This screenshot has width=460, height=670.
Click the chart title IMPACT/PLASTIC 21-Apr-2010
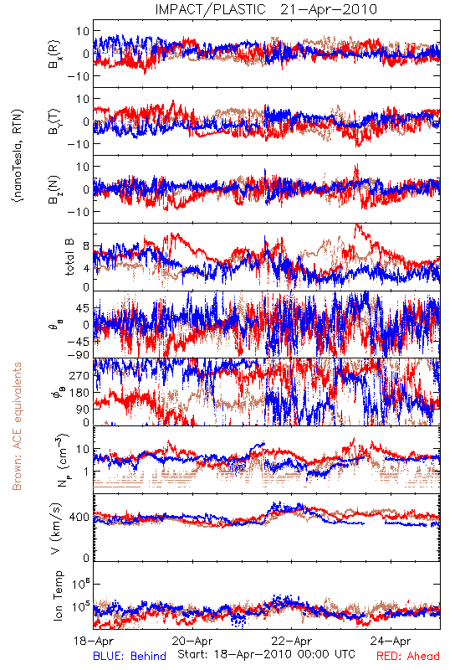[x=266, y=9]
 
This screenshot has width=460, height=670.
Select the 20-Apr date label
[x=192, y=641]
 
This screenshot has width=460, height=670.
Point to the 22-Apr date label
[x=292, y=641]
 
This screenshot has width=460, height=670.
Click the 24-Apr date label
[x=391, y=641]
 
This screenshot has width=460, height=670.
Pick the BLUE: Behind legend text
[x=130, y=656]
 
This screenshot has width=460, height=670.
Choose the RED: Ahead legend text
[x=408, y=656]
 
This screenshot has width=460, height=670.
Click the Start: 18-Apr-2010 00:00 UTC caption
[x=266, y=654]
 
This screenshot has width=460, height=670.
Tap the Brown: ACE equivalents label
[x=17, y=426]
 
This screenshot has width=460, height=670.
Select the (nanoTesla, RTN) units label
[x=18, y=156]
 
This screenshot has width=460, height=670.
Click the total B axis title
[x=69, y=257]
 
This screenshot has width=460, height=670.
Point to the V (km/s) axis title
[x=56, y=528]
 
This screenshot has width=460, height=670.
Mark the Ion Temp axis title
[x=58, y=595]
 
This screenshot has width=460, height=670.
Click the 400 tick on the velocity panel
[x=79, y=518]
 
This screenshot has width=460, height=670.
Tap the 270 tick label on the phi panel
[x=79, y=375]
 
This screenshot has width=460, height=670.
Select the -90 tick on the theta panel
[x=79, y=355]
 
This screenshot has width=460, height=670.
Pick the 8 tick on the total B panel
[x=86, y=246]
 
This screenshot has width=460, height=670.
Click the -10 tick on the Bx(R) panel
[x=78, y=76]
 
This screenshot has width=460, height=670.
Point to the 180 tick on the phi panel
[x=79, y=393]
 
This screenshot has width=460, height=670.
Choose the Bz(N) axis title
[x=55, y=189]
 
